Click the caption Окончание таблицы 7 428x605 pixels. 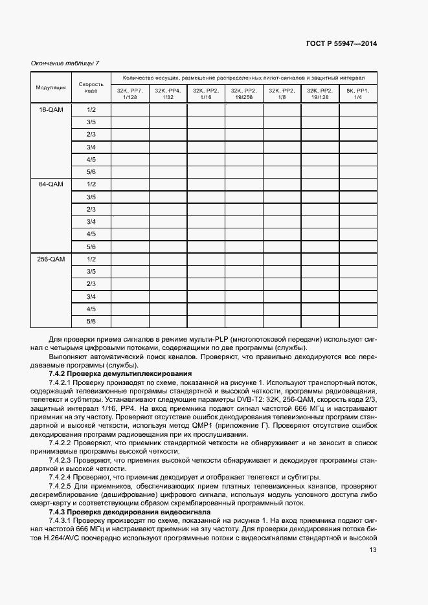(65, 63)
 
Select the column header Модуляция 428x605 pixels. (51, 87)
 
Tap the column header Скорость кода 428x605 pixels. (91, 87)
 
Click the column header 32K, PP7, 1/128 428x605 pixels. (130, 93)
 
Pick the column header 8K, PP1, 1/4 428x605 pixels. (357, 93)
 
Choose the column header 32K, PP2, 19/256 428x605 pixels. (244, 93)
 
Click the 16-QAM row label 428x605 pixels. (51, 110)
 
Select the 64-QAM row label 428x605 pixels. (51, 184)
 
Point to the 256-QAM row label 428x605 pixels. (51, 259)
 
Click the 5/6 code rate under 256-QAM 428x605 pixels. (91, 321)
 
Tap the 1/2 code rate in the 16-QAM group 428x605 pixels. (91, 110)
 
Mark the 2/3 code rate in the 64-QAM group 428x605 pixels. (91, 210)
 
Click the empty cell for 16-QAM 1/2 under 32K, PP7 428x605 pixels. (130, 110)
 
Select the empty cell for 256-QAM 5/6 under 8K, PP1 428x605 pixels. (357, 321)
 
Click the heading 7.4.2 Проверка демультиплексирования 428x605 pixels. (120, 373)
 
